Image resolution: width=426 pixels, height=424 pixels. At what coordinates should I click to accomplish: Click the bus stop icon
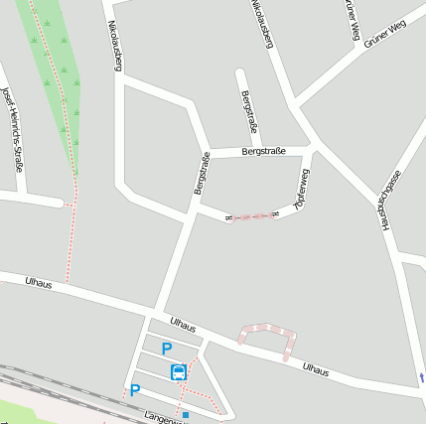coord(178,372)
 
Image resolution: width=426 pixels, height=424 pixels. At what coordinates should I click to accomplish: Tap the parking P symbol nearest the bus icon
coord(167,349)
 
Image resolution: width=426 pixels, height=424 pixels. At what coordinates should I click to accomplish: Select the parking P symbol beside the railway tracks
coord(135,390)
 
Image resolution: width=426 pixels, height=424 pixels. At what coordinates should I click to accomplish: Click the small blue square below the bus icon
coord(185,414)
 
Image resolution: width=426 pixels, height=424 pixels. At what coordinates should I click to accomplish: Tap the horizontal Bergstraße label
coord(263,151)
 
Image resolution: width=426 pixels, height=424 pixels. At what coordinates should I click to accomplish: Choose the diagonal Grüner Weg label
coord(385,34)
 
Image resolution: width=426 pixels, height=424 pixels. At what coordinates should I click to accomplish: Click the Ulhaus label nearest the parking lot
coord(183,324)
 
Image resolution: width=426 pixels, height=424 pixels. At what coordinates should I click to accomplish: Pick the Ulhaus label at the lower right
coord(316,369)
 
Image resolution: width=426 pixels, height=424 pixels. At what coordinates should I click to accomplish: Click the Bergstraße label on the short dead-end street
coord(249,111)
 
